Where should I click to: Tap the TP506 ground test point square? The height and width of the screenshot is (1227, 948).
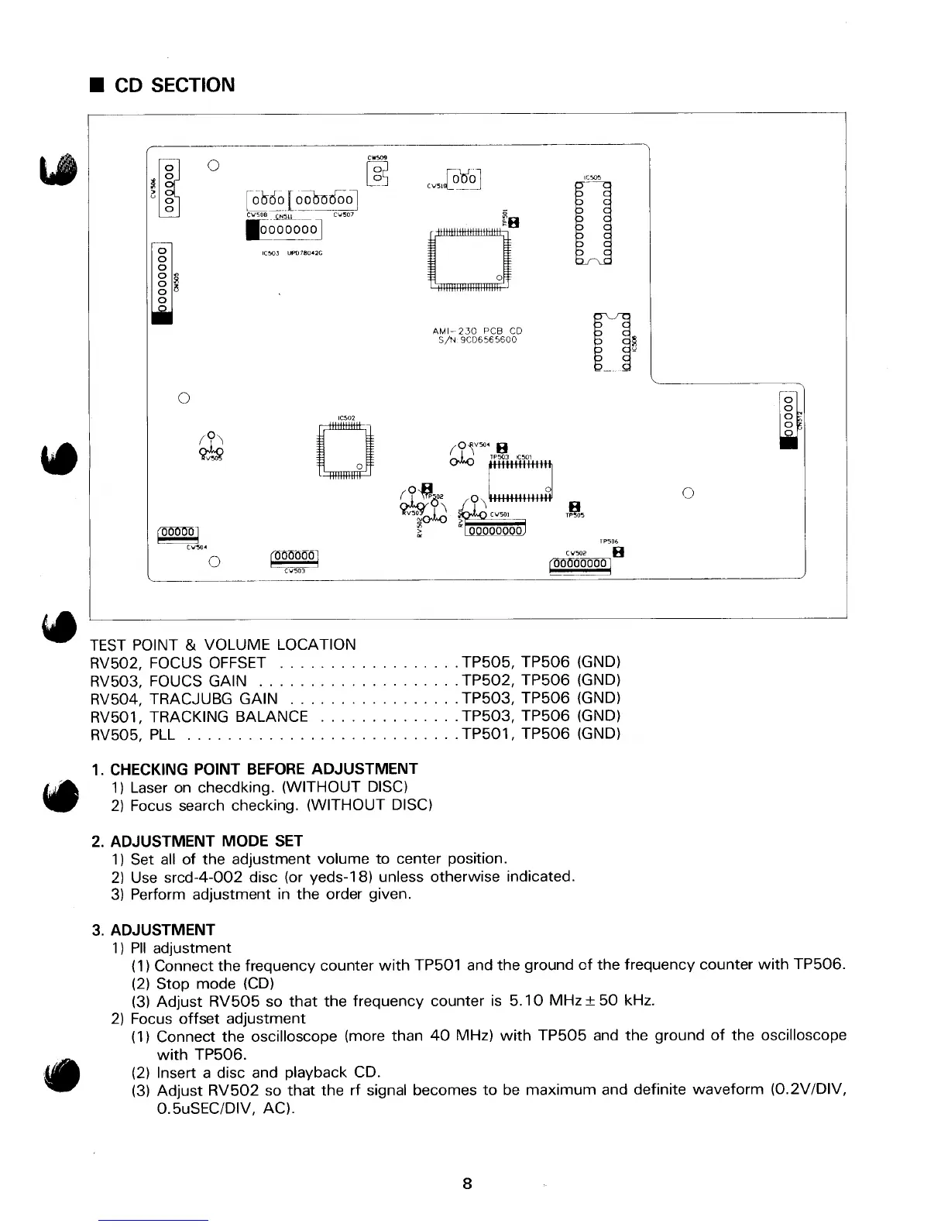[x=618, y=552]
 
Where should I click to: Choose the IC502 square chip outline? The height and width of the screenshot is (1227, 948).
[x=345, y=452]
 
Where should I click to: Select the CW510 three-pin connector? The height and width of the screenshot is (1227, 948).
[x=465, y=179]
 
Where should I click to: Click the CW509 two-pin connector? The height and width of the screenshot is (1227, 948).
[x=379, y=174]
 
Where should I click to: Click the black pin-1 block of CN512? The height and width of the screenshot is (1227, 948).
[x=791, y=441]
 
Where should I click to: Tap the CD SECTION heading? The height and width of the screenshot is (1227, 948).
[x=174, y=85]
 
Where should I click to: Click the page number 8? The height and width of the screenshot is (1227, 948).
[x=467, y=1184]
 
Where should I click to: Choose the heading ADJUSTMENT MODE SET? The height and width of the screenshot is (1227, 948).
[x=206, y=840]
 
